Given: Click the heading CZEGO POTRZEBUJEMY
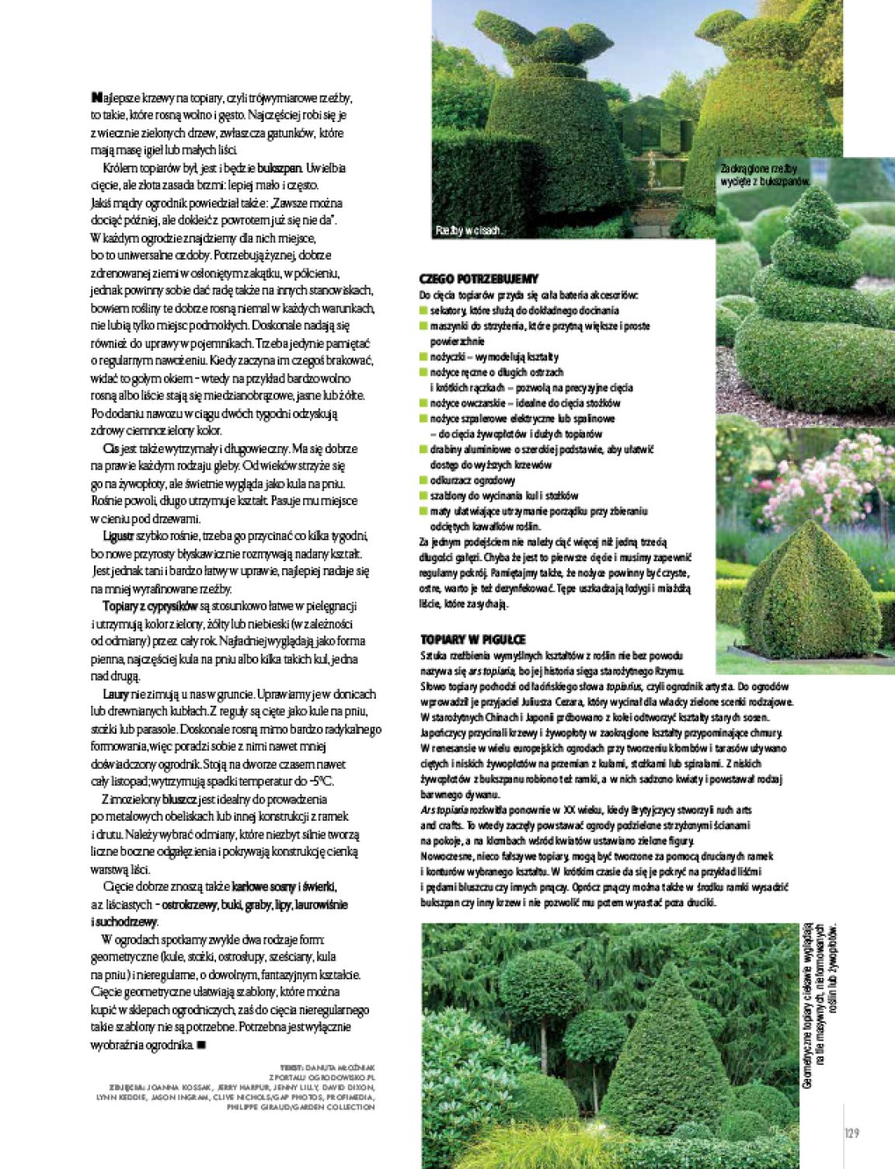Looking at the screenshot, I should pyautogui.click(x=479, y=278).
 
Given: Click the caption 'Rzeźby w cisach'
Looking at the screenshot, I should pyautogui.click(x=469, y=230).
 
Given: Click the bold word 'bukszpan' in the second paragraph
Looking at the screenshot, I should pyautogui.click(x=280, y=168).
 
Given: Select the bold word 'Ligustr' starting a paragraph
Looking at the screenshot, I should pyautogui.click(x=118, y=536).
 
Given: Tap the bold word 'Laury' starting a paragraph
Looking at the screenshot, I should pyautogui.click(x=115, y=694).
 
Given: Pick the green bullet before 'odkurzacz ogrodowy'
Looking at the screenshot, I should pyautogui.click(x=423, y=480).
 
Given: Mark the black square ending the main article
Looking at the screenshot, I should pyautogui.click(x=201, y=1045).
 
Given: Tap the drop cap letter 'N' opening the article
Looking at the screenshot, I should pyautogui.click(x=96, y=98).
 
